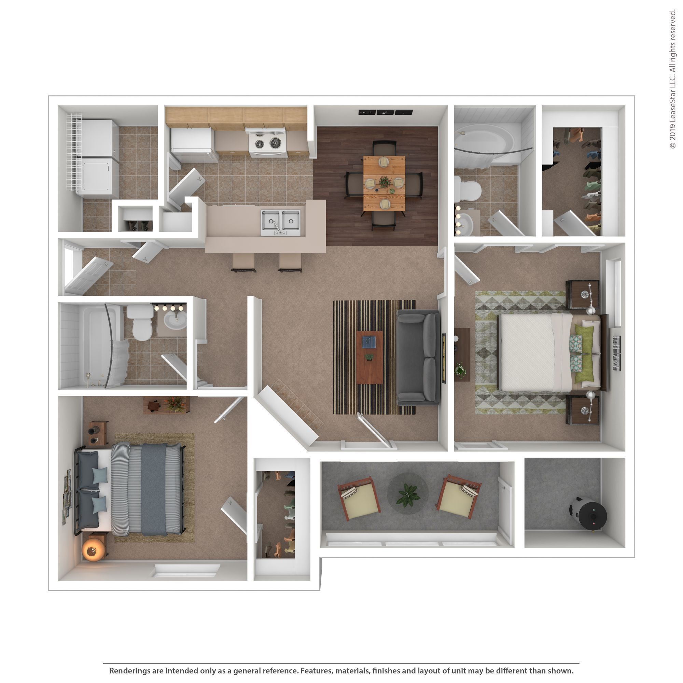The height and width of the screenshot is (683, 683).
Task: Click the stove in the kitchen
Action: pos(267,143)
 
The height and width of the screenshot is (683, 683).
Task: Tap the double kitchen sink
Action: pos(281,222)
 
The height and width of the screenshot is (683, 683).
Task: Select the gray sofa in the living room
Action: pos(418,358)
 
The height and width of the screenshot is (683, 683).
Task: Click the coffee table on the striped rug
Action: pos(370,357)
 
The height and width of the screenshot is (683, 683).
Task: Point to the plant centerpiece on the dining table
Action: pos(384,182)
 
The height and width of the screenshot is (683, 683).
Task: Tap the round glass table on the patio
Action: pos(408,493)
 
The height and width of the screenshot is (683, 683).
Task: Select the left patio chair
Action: pos(358,497)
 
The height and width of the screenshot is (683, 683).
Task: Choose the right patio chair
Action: pos(459,496)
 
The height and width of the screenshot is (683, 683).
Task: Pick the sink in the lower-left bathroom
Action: pos(175,322)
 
